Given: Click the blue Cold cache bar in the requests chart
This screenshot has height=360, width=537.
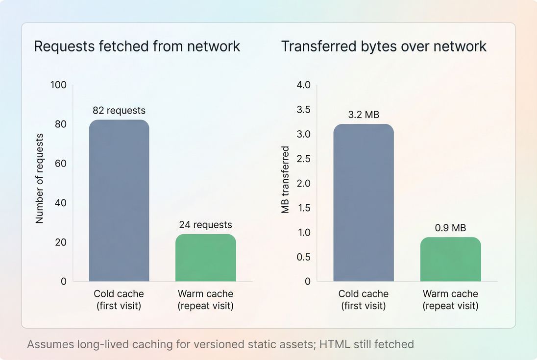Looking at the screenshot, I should [119, 201].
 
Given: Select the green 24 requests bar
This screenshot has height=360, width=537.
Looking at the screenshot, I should [205, 258].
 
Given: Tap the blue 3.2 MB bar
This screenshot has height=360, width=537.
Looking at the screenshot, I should [363, 203].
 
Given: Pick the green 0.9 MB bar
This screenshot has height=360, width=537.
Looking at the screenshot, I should [450, 260].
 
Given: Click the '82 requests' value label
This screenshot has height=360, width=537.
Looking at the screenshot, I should [119, 111].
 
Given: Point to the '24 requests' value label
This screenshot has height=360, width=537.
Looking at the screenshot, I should [205, 225].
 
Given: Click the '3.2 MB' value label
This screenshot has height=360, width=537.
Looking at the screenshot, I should [364, 115].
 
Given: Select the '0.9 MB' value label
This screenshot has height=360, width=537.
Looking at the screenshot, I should [450, 228].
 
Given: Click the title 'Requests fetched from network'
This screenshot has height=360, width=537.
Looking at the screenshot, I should [137, 47].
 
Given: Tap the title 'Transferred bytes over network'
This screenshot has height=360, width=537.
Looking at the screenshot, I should [384, 47].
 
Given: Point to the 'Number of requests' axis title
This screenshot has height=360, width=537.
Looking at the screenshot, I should [40, 178].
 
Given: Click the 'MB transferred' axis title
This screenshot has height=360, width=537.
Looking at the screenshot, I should [285, 180].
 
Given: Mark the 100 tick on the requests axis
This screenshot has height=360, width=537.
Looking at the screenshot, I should [58, 85].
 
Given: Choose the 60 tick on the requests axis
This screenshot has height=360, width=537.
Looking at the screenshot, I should [60, 164].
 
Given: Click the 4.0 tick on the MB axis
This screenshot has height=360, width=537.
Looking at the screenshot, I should [304, 85].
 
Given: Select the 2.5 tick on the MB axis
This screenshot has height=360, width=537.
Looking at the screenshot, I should [304, 159].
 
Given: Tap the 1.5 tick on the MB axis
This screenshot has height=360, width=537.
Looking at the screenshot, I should [304, 208].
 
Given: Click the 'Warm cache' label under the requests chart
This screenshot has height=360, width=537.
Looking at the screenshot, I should [205, 294].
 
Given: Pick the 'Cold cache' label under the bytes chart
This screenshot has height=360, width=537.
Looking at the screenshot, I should [363, 294].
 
